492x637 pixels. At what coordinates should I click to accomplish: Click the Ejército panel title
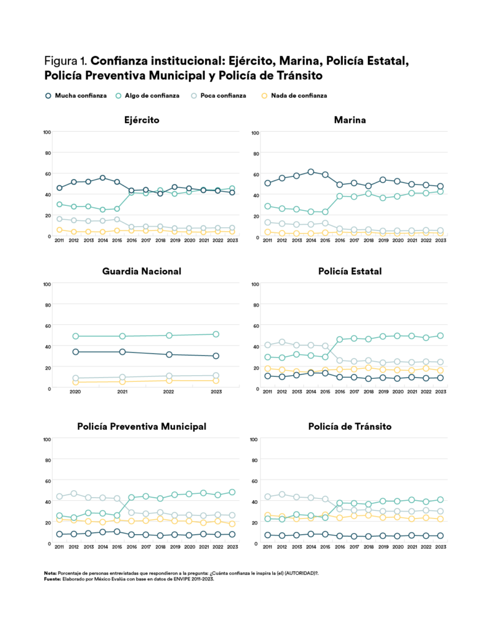click(x=142, y=119)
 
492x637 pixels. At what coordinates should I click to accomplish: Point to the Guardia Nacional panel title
click(x=142, y=271)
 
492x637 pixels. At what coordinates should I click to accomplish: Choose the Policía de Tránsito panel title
click(x=350, y=427)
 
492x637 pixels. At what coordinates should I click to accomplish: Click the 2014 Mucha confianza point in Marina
click(x=311, y=172)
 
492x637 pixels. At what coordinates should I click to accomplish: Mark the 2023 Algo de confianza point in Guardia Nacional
click(x=216, y=334)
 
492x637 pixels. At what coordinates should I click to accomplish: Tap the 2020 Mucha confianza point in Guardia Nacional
click(x=75, y=352)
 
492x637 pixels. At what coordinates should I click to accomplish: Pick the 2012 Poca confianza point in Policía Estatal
click(x=282, y=342)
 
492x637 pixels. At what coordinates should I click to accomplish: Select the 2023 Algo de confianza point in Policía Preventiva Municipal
click(x=232, y=492)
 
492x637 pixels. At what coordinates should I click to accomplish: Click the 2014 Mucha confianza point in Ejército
click(x=102, y=178)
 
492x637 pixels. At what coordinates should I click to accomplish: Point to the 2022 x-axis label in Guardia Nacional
click(x=169, y=392)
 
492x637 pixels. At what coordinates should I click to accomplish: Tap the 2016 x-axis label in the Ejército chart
click(x=131, y=239)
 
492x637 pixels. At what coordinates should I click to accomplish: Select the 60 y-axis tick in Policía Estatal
click(x=255, y=325)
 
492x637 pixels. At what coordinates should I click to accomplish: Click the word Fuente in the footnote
click(x=52, y=578)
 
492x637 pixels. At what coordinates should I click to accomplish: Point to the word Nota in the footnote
click(x=50, y=572)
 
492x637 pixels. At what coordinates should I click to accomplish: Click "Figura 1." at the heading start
click(x=66, y=62)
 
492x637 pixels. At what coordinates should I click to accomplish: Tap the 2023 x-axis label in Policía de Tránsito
click(x=440, y=547)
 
